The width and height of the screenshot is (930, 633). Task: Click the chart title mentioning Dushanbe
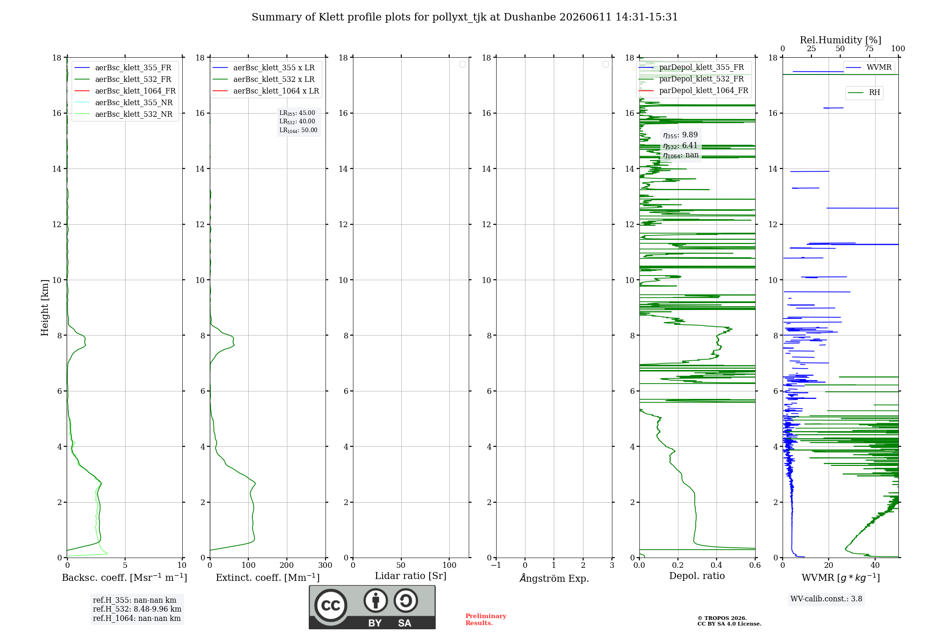click(465, 17)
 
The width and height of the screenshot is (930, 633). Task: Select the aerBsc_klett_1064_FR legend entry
click(125, 91)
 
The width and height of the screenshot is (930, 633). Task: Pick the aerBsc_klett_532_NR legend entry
click(123, 114)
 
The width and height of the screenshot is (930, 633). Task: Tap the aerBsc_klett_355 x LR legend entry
click(264, 67)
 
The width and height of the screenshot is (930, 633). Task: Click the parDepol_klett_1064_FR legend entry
click(693, 90)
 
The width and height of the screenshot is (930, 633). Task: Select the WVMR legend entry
click(869, 67)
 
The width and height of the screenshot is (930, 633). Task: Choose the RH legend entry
click(864, 93)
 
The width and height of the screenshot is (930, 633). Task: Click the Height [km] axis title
click(45, 308)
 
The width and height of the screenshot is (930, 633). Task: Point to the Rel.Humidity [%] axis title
click(840, 40)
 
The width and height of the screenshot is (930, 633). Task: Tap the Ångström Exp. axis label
click(554, 578)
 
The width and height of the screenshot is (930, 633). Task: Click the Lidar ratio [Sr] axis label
click(411, 576)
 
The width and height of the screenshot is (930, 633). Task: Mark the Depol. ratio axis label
click(697, 576)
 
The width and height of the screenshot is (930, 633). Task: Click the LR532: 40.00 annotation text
click(297, 121)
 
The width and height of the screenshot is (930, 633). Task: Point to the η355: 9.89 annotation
click(680, 135)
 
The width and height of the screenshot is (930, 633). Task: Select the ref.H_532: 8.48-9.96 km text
click(137, 609)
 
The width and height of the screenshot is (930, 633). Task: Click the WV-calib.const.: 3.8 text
click(826, 599)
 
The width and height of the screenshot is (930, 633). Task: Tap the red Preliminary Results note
click(486, 620)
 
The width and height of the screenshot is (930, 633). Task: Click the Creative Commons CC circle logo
click(331, 605)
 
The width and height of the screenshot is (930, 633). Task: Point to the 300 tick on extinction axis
click(325, 566)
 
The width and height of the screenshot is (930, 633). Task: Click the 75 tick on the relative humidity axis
click(869, 49)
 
